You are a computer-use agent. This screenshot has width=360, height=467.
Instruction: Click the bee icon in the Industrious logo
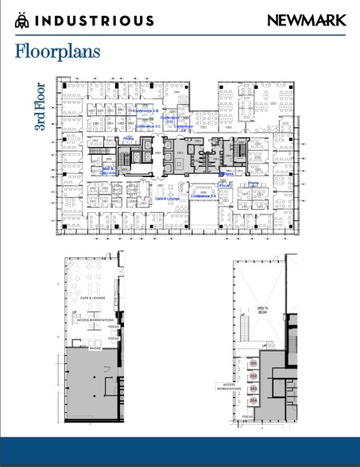click(x=21, y=21)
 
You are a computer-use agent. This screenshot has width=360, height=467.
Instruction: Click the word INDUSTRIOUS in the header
click(x=95, y=21)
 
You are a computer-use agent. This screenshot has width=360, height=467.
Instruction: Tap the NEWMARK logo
click(x=306, y=21)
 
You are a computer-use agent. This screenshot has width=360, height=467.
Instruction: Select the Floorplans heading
click(x=57, y=52)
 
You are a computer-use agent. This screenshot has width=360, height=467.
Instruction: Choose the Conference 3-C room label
click(x=148, y=126)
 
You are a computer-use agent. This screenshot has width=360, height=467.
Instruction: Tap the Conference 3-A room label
click(x=205, y=195)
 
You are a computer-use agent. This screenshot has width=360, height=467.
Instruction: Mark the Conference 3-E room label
click(x=183, y=127)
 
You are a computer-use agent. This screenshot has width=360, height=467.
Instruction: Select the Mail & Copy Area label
click(x=108, y=171)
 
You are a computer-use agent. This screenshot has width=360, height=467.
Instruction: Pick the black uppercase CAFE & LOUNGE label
click(x=92, y=298)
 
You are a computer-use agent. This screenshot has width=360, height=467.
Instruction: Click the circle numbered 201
click(x=254, y=364)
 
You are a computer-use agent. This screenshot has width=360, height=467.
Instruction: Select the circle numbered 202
click(x=254, y=376)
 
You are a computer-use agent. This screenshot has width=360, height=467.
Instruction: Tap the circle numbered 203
click(x=254, y=389)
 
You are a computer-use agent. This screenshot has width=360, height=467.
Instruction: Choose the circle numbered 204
click(x=254, y=401)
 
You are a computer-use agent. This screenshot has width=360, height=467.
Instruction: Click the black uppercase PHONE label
click(x=95, y=348)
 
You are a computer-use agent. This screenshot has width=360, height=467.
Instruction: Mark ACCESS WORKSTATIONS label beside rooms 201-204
click(x=227, y=387)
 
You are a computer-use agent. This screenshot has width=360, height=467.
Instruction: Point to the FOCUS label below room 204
click(x=248, y=416)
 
